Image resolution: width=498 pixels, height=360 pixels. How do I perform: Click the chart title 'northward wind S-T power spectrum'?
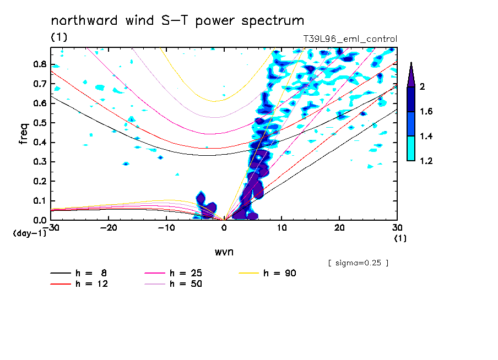(177, 21)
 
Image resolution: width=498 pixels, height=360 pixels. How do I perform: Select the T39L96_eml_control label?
(350, 39)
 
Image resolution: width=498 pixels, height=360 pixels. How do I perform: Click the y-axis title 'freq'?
(24, 133)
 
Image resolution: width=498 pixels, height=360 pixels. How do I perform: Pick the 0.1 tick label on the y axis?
(39, 201)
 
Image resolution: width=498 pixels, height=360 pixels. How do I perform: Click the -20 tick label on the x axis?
(109, 227)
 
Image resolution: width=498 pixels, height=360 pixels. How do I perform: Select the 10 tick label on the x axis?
(282, 227)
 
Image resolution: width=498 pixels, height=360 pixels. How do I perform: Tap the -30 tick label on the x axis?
(51, 227)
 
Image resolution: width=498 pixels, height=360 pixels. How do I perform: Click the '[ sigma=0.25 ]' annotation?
(358, 263)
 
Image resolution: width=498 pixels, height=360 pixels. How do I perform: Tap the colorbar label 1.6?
(426, 112)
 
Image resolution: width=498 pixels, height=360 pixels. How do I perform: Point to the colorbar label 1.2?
(426, 161)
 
